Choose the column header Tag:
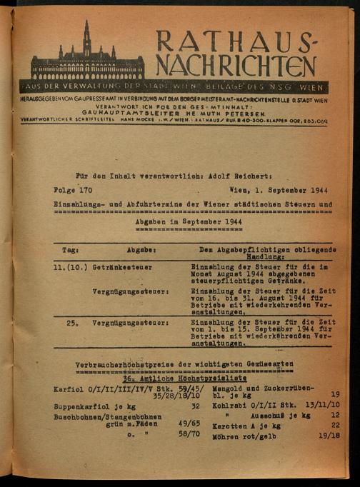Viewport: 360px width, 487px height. [x=70, y=251]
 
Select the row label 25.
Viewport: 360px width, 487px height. [x=72, y=322]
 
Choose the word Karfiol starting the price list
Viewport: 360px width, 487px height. [x=69, y=390]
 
